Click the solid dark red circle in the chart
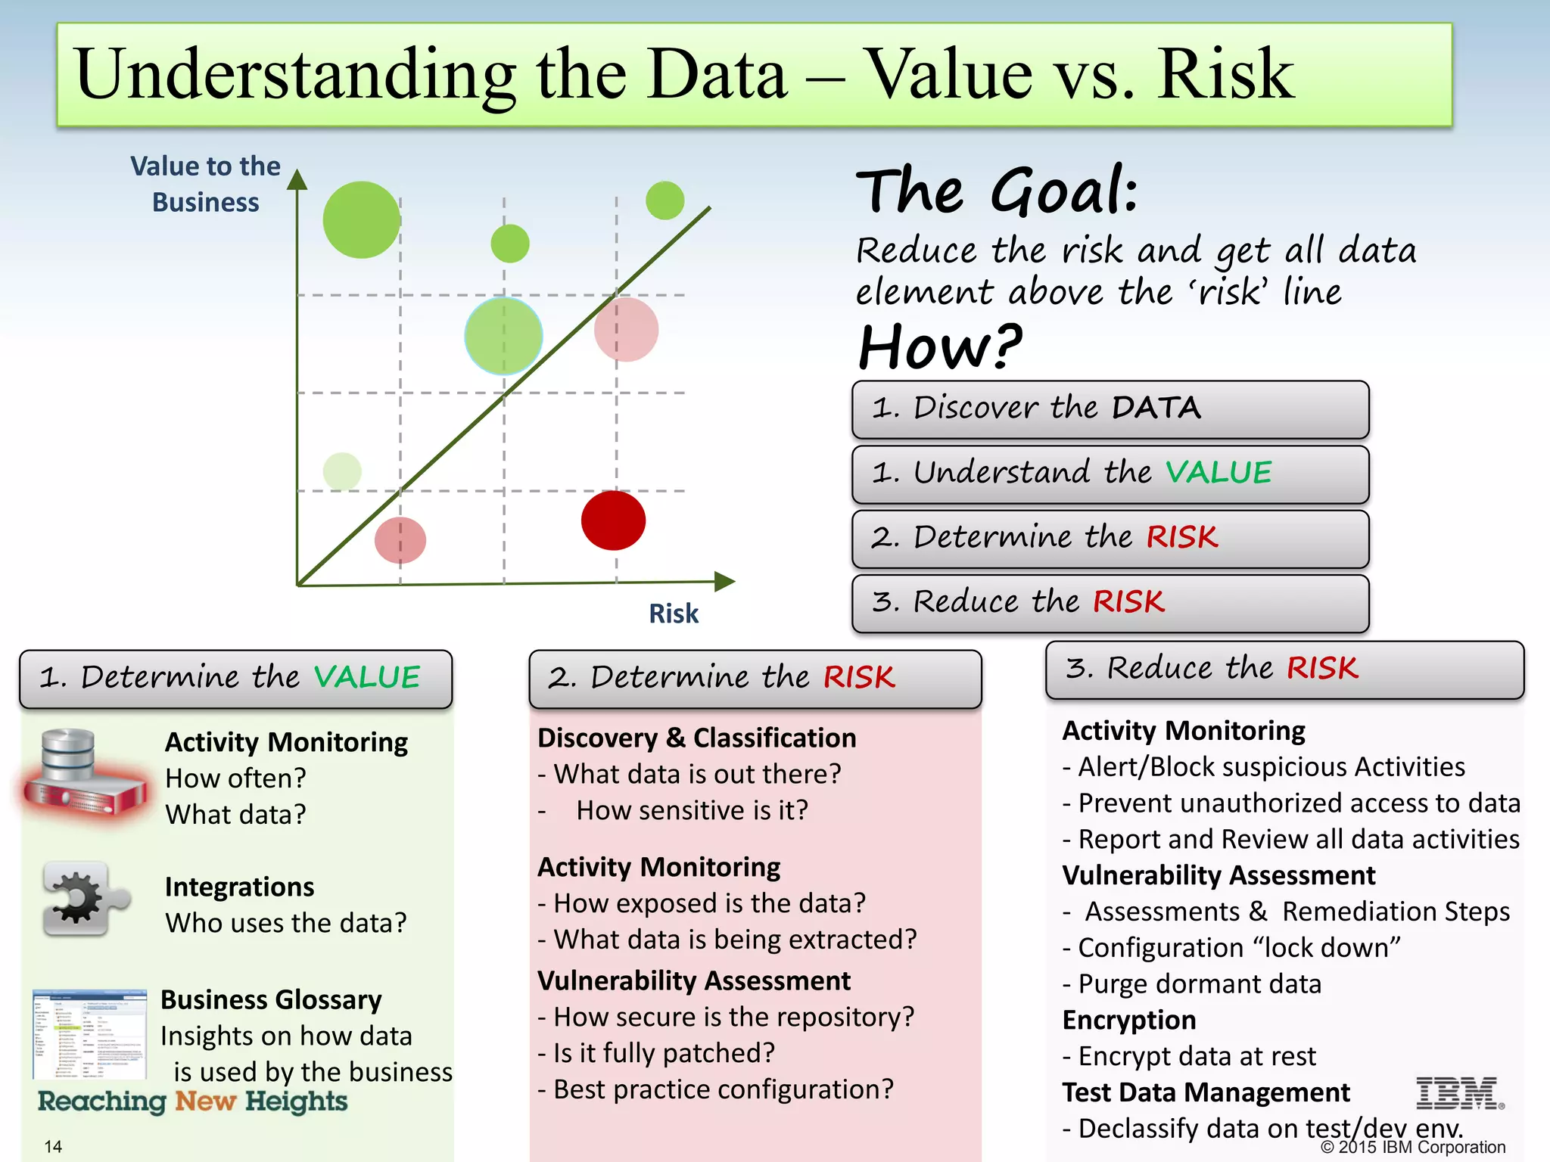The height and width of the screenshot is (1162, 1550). coord(613,520)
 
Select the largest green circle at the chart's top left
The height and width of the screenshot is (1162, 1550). coord(362,220)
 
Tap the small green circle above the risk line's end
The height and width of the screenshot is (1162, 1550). coord(665,200)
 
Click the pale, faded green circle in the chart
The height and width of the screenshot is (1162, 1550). coord(342,471)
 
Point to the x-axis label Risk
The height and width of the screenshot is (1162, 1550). coord(673,614)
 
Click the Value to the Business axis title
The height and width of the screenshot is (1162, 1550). coord(205,184)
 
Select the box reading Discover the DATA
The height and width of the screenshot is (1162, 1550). coord(1110,409)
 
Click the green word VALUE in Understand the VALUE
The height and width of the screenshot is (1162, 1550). coord(1218,473)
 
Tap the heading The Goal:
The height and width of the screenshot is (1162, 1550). coord(997,191)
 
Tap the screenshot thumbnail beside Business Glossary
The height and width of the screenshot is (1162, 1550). coord(89,1033)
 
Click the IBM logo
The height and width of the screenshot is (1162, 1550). coord(1458,1093)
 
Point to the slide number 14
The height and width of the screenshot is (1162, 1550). coord(53,1146)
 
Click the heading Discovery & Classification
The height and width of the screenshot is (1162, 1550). coord(696,738)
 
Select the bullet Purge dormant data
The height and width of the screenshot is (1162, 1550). coord(1199,984)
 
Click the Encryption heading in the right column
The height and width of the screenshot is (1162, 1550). coord(1128,1021)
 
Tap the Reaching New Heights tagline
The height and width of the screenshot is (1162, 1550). coord(192,1101)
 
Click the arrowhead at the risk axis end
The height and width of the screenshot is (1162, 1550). coord(724,581)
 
